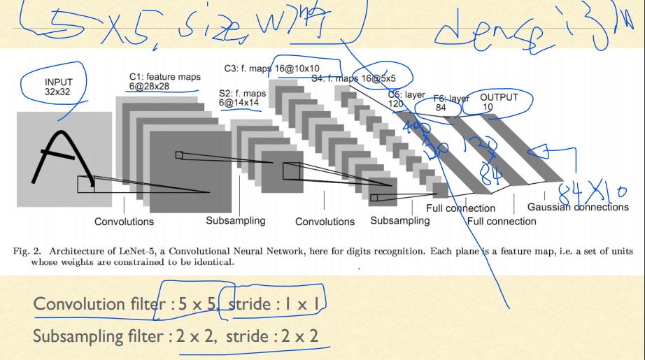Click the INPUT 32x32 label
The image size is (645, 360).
(59, 87)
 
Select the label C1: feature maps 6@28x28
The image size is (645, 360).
(164, 82)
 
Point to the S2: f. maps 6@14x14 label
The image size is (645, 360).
(242, 98)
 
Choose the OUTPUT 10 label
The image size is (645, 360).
(499, 102)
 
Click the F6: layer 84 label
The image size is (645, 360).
(451, 103)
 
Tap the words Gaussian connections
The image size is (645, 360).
(577, 207)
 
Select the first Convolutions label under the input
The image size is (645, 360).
(124, 222)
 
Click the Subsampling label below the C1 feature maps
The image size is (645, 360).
(235, 221)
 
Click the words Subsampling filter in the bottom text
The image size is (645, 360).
(97, 336)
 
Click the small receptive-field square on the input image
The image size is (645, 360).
(85, 185)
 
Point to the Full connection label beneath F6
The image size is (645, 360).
(502, 222)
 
